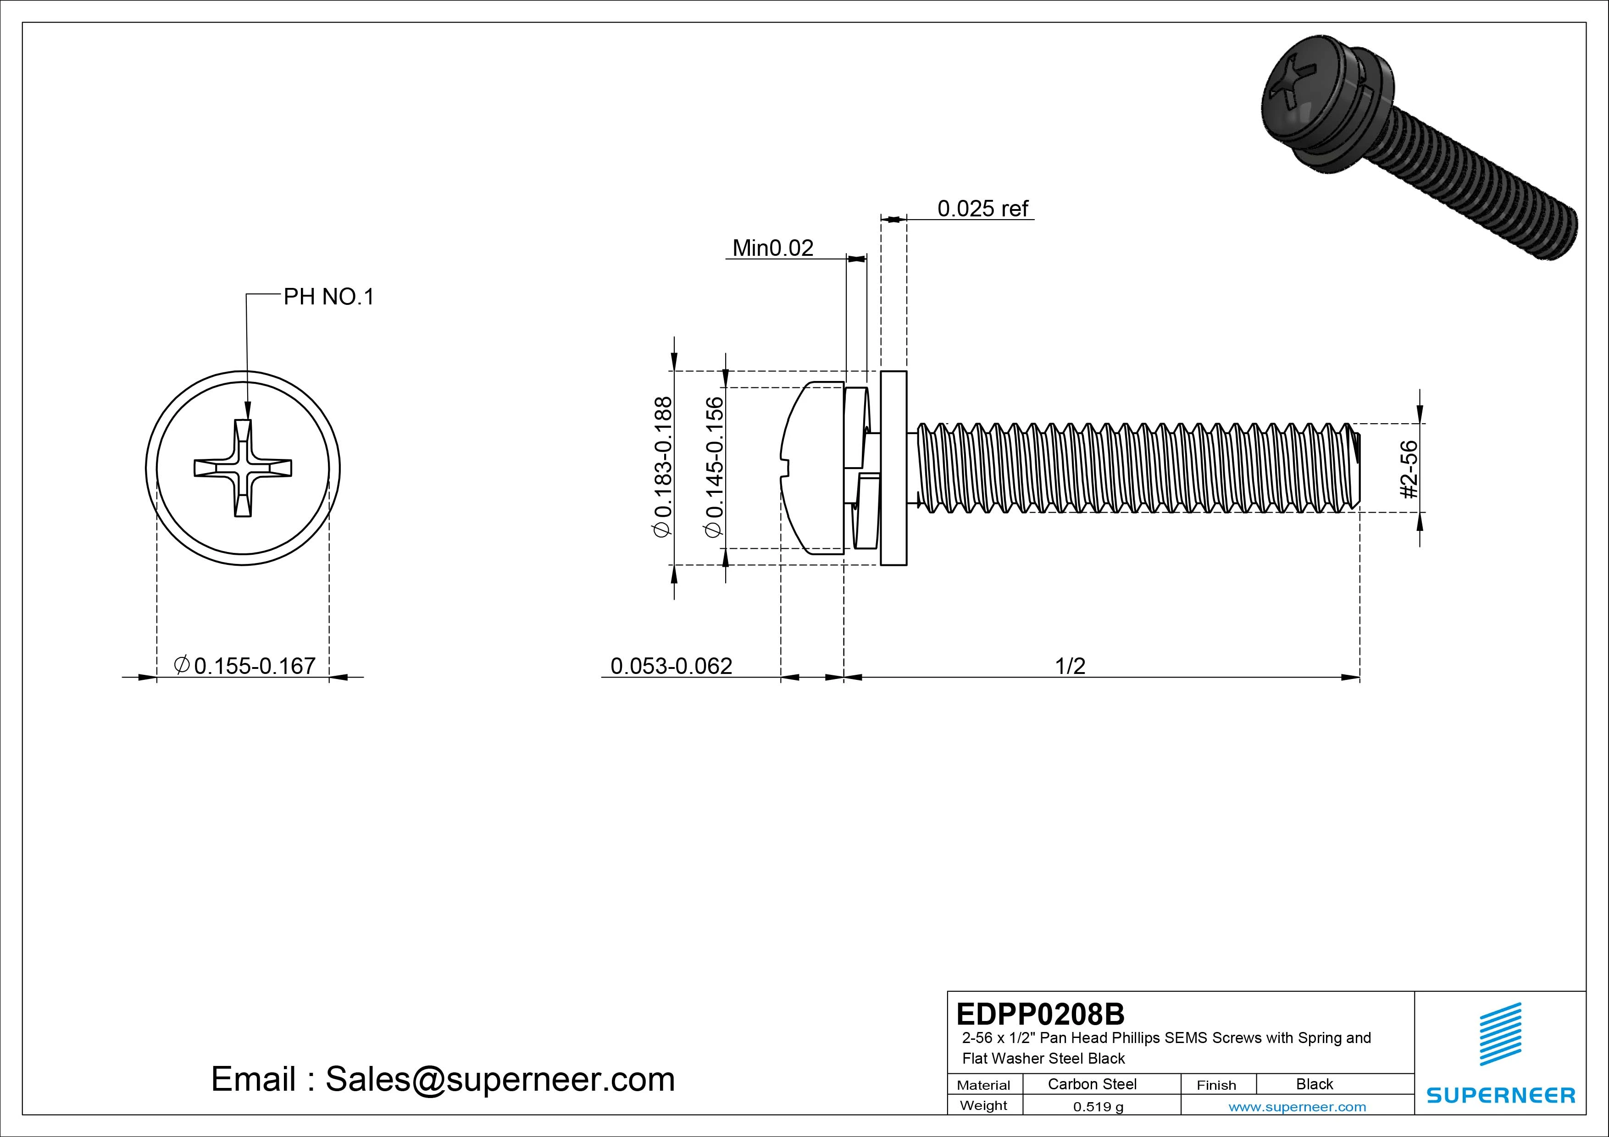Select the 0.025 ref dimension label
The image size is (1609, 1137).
(982, 208)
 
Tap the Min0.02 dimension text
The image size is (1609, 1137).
(772, 248)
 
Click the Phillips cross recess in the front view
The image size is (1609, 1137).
(243, 468)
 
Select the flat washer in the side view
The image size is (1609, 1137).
(893, 468)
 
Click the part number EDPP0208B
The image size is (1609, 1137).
(1040, 1014)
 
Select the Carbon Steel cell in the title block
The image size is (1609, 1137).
(1092, 1084)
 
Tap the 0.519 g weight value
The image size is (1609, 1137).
(1098, 1107)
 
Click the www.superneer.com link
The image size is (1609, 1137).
(1297, 1107)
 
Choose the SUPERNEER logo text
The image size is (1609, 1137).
(1500, 1095)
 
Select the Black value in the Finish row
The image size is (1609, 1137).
(1314, 1084)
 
